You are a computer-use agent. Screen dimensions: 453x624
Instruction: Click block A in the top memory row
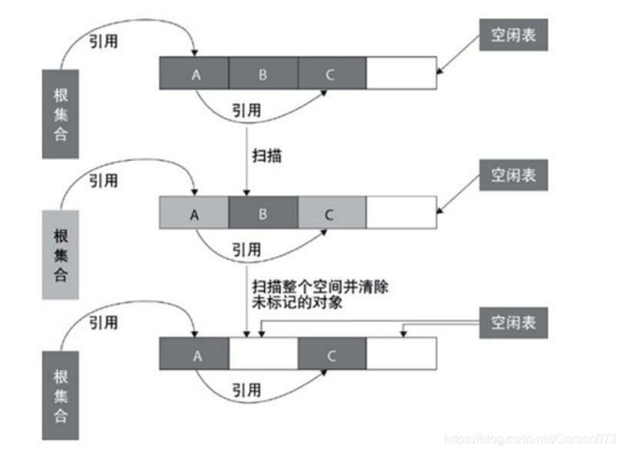point(194,73)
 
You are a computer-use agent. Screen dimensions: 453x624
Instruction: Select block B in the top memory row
point(263,73)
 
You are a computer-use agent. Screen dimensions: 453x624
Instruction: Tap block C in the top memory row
point(331,73)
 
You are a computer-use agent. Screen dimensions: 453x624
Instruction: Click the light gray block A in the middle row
point(194,213)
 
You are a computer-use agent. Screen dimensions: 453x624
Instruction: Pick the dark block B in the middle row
point(263,213)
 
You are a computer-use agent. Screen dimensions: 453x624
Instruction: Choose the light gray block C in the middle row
point(331,213)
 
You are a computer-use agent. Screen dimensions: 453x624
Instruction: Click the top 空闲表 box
point(513,35)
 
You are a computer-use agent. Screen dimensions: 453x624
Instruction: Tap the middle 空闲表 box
point(513,176)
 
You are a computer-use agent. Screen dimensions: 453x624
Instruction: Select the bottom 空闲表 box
point(513,323)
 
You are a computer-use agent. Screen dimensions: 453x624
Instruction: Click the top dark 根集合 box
point(59,112)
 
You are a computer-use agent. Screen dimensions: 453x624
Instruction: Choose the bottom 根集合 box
point(59,394)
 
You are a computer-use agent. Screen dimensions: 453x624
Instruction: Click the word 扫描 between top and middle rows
point(267,156)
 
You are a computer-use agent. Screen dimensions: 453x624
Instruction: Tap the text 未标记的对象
point(297,303)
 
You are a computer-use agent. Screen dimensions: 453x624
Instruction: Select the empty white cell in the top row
point(401,73)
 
